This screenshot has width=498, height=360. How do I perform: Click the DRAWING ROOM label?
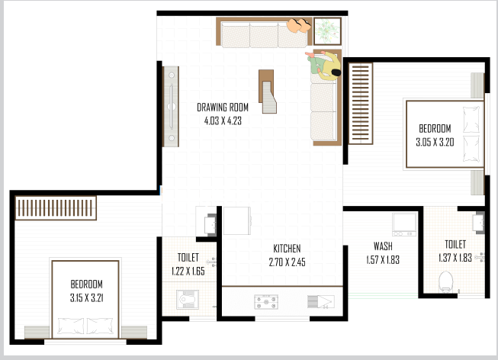[223, 108]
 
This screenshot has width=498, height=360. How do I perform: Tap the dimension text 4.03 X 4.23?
[223, 121]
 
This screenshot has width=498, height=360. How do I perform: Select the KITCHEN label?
[287, 249]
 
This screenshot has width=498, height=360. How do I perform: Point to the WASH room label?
[383, 246]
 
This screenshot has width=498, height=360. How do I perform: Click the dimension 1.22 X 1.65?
[188, 271]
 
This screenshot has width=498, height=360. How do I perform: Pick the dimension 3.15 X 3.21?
[86, 297]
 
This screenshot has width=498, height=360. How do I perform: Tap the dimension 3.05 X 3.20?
[435, 142]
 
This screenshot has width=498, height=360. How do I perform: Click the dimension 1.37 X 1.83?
[455, 258]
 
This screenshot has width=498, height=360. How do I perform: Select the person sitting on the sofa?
[323, 66]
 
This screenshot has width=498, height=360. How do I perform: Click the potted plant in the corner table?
[327, 31]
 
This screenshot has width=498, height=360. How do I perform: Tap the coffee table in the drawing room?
[268, 92]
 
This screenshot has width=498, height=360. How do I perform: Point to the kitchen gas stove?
[266, 302]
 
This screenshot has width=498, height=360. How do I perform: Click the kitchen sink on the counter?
[321, 301]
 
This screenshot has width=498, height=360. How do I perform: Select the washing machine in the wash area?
[404, 224]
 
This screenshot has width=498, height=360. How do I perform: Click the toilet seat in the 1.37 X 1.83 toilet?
[445, 281]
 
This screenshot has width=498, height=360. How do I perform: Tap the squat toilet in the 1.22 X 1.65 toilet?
[188, 299]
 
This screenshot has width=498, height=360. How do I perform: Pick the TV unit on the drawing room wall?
[171, 107]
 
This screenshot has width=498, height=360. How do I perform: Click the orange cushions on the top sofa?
[299, 25]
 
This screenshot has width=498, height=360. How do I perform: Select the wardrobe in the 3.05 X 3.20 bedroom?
[361, 104]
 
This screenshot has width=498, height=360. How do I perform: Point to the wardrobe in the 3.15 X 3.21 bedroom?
[56, 207]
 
